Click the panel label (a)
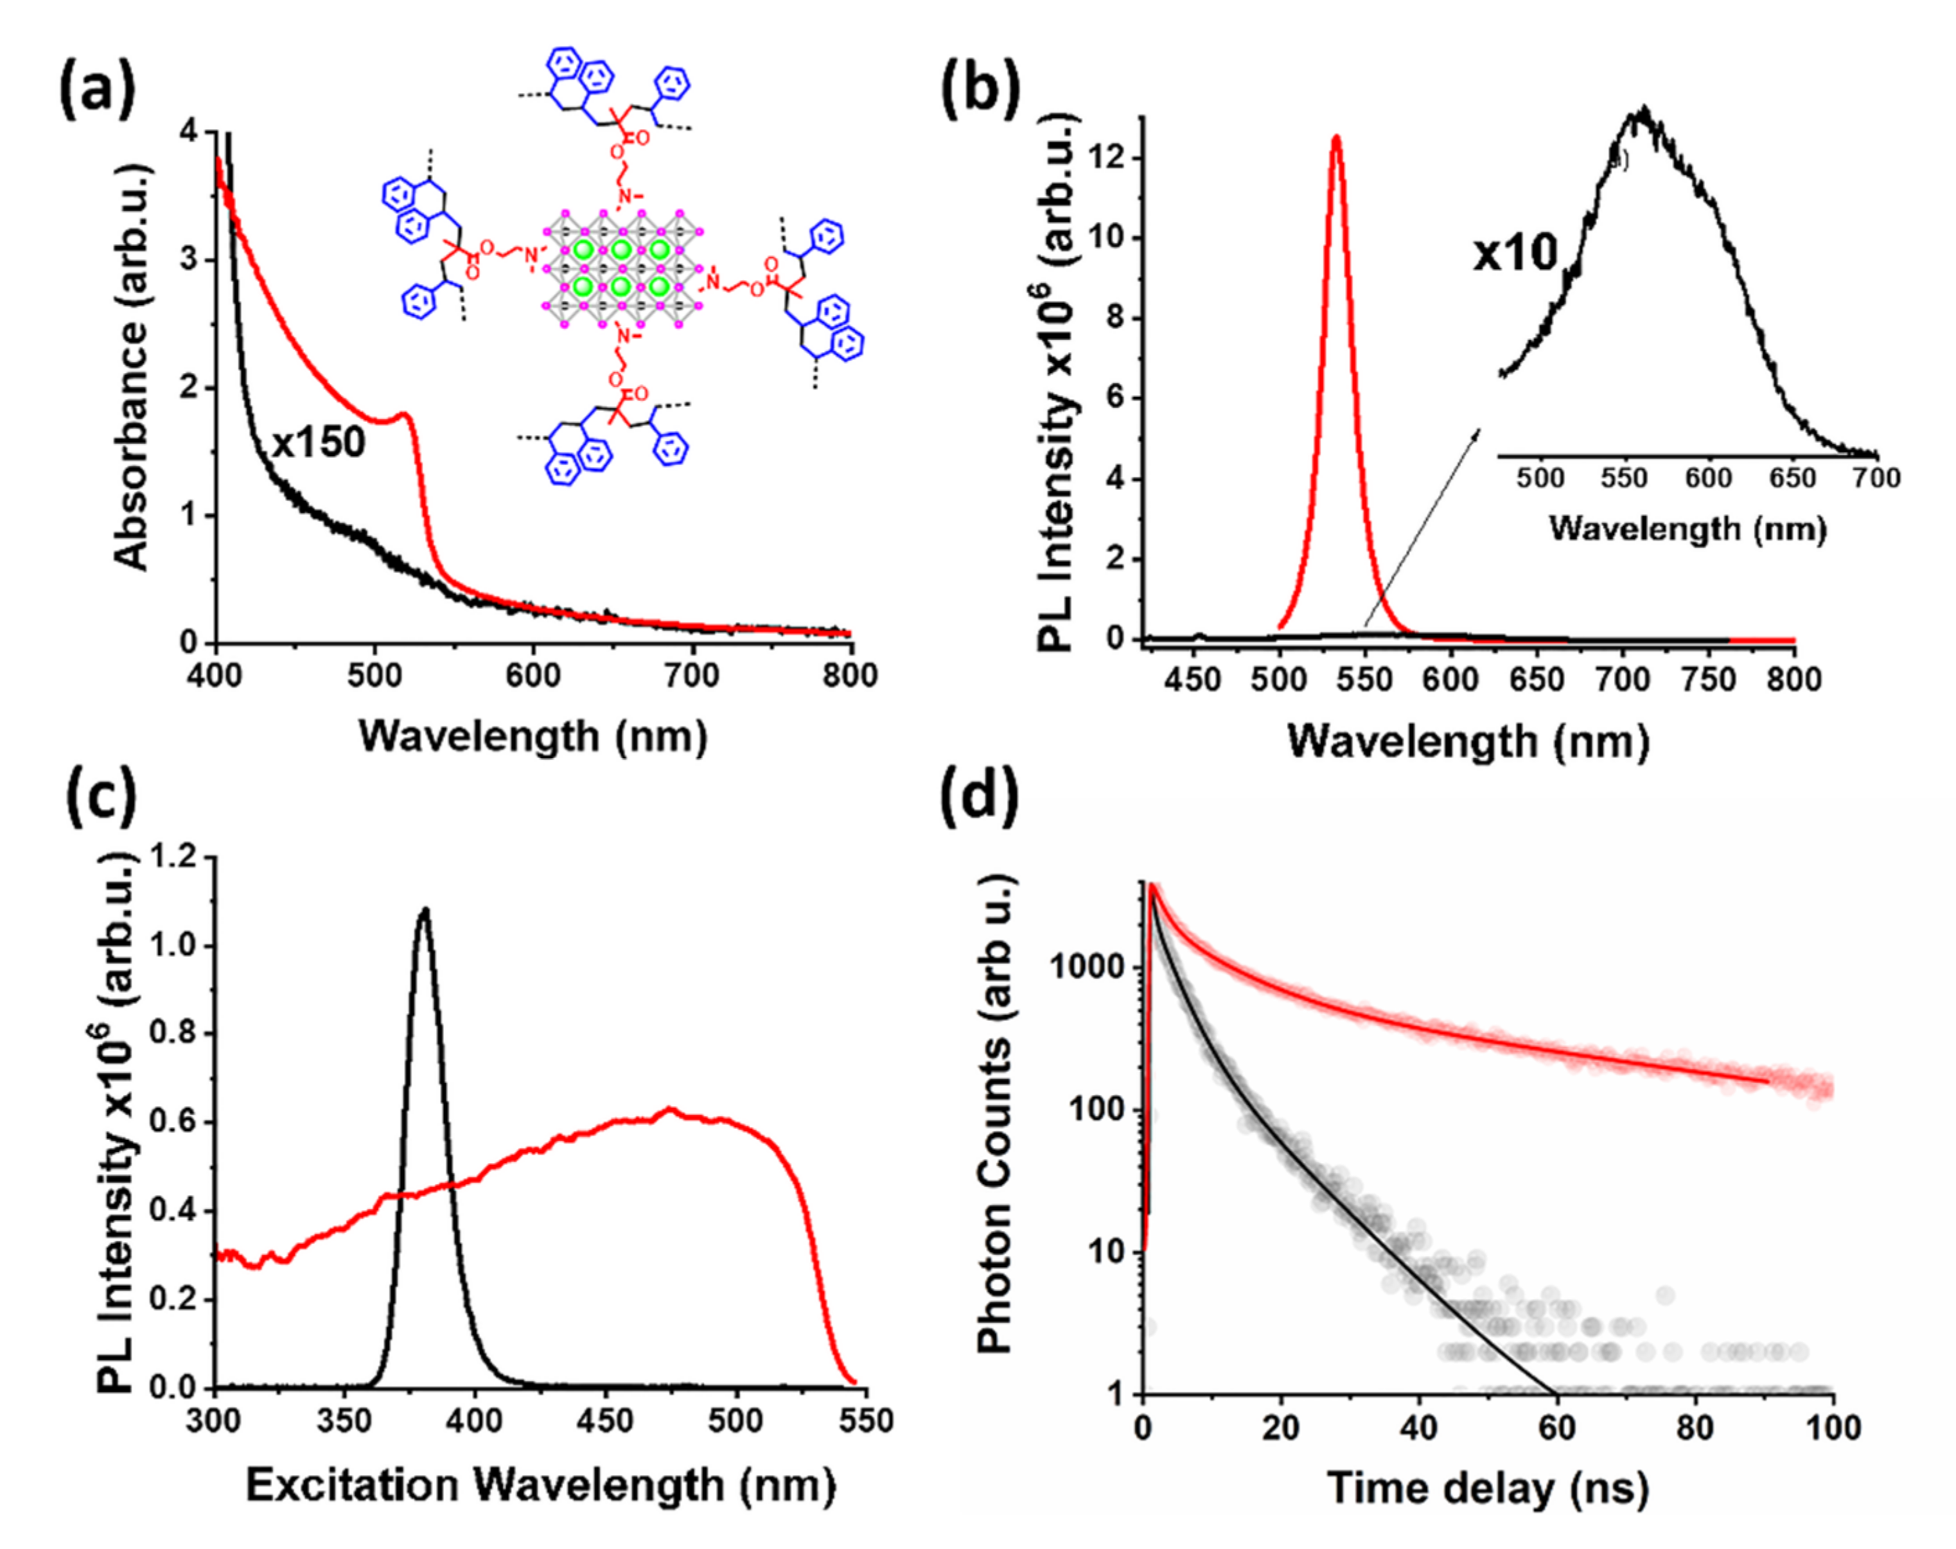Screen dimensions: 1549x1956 [x=97, y=91]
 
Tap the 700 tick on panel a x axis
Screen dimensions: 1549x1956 [x=693, y=676]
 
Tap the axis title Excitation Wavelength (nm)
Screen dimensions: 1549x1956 [x=540, y=1485]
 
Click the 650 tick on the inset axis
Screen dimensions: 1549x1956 [x=1792, y=478]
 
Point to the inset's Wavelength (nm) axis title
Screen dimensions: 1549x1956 [x=1686, y=529]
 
